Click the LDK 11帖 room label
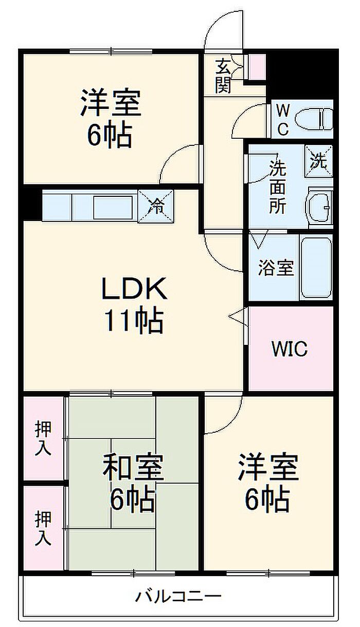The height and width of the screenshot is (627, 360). [134, 305]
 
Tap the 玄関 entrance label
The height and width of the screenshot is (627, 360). [223, 76]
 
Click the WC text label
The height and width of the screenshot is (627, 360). [283, 120]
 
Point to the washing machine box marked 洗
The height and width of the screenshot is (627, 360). [319, 161]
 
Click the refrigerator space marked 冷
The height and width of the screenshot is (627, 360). [156, 206]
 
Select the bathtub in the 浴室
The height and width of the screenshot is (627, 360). [316, 268]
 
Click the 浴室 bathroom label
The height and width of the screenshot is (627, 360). [276, 268]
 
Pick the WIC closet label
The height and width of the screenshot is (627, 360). [290, 349]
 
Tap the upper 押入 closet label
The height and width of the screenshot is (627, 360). [43, 438]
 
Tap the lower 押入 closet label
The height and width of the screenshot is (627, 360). [43, 528]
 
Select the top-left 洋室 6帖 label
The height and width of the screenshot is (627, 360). [111, 118]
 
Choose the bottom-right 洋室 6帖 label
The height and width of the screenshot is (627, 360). [268, 482]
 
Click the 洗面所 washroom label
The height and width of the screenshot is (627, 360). [278, 187]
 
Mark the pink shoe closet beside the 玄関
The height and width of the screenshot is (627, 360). [257, 67]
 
